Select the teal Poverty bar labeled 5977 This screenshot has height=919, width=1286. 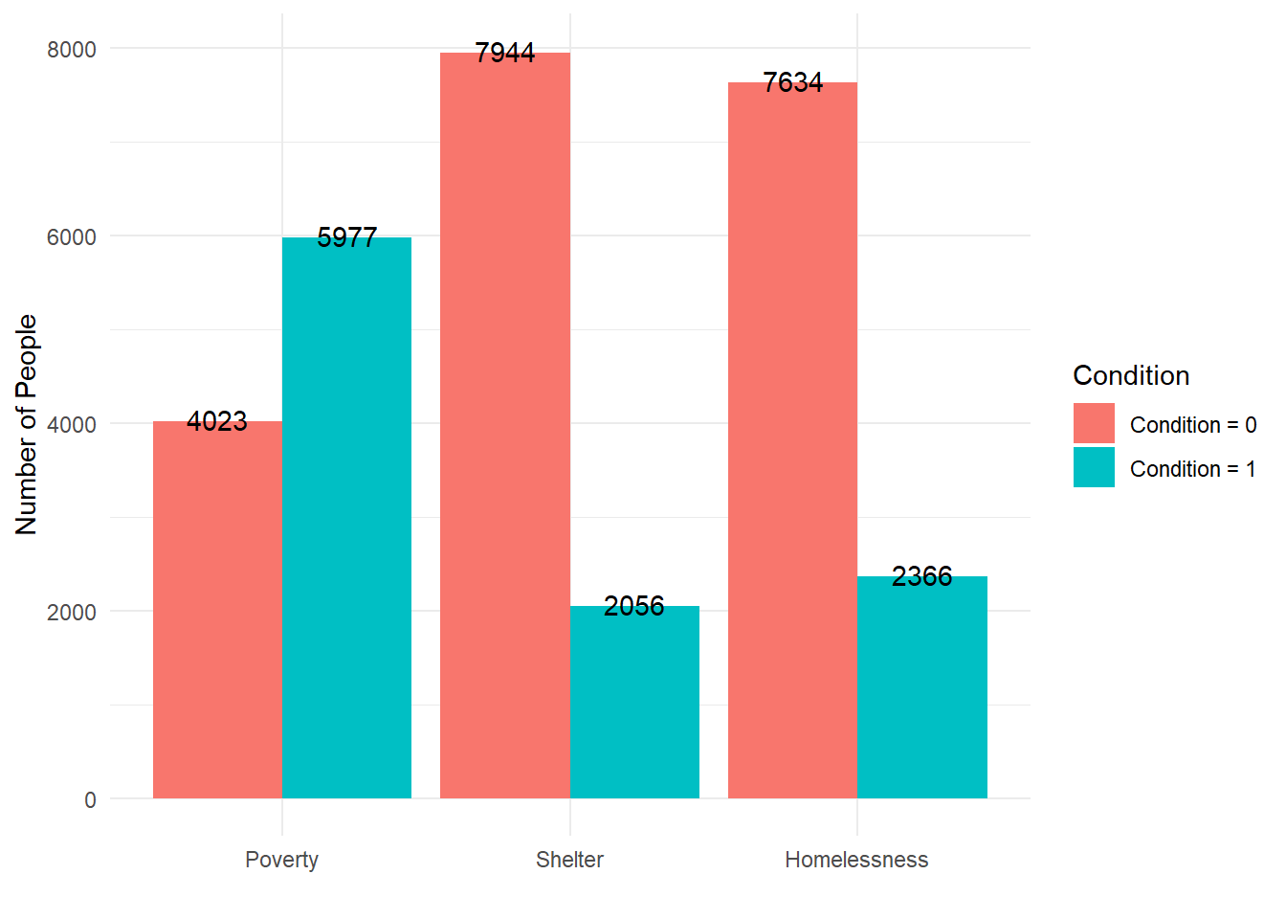pyautogui.click(x=346, y=518)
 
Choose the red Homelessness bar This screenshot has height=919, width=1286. pyautogui.click(x=792, y=440)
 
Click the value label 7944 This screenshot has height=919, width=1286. pyautogui.click(x=505, y=53)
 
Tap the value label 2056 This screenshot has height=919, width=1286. pyautogui.click(x=634, y=606)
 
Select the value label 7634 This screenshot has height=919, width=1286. pyautogui.click(x=792, y=82)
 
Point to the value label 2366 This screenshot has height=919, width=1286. pyautogui.click(x=922, y=576)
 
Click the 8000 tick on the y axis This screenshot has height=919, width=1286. pyautogui.click(x=72, y=50)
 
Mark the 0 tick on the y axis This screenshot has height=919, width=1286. pyautogui.click(x=90, y=800)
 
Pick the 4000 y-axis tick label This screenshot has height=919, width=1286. pyautogui.click(x=72, y=425)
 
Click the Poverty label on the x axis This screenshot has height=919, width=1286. pyautogui.click(x=281, y=860)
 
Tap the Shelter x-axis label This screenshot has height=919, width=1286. pyautogui.click(x=569, y=860)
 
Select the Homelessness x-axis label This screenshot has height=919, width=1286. pyautogui.click(x=856, y=860)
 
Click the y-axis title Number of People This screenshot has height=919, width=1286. pyautogui.click(x=27, y=424)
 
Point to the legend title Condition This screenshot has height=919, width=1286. pyautogui.click(x=1131, y=375)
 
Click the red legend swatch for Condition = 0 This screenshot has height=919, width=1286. pyautogui.click(x=1094, y=423)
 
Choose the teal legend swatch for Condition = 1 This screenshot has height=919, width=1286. pyautogui.click(x=1094, y=467)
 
